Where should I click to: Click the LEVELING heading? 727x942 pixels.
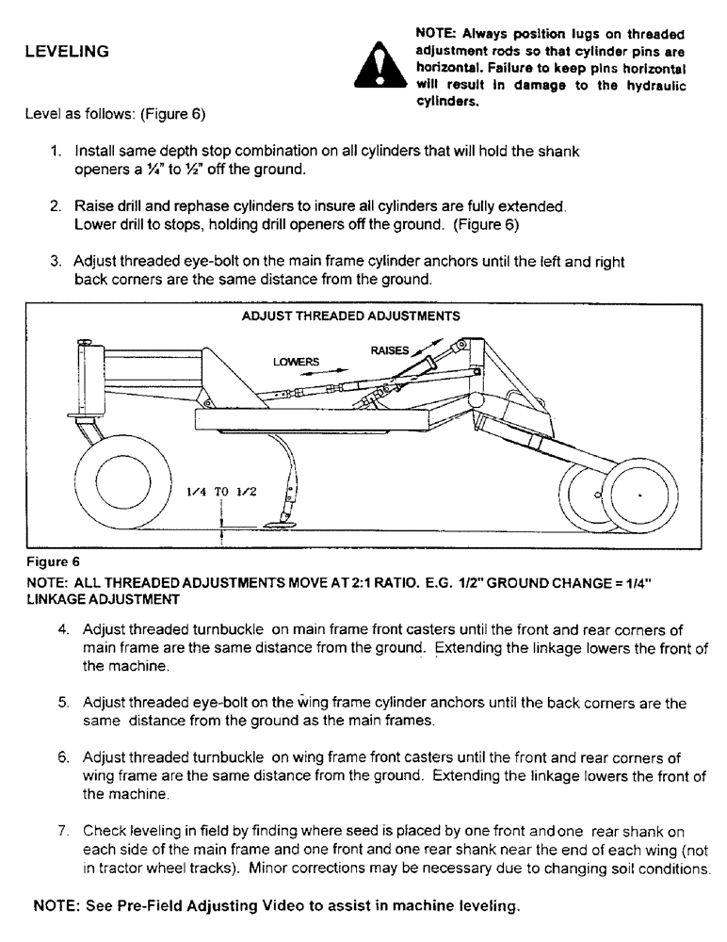click(66, 51)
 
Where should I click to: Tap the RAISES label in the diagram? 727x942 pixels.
click(390, 350)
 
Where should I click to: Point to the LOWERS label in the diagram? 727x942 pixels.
click(296, 362)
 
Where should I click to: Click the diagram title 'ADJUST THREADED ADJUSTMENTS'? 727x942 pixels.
click(350, 316)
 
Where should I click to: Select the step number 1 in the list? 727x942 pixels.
click(57, 151)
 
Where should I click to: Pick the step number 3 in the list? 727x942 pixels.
click(57, 261)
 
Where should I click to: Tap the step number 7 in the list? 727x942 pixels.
click(64, 831)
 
